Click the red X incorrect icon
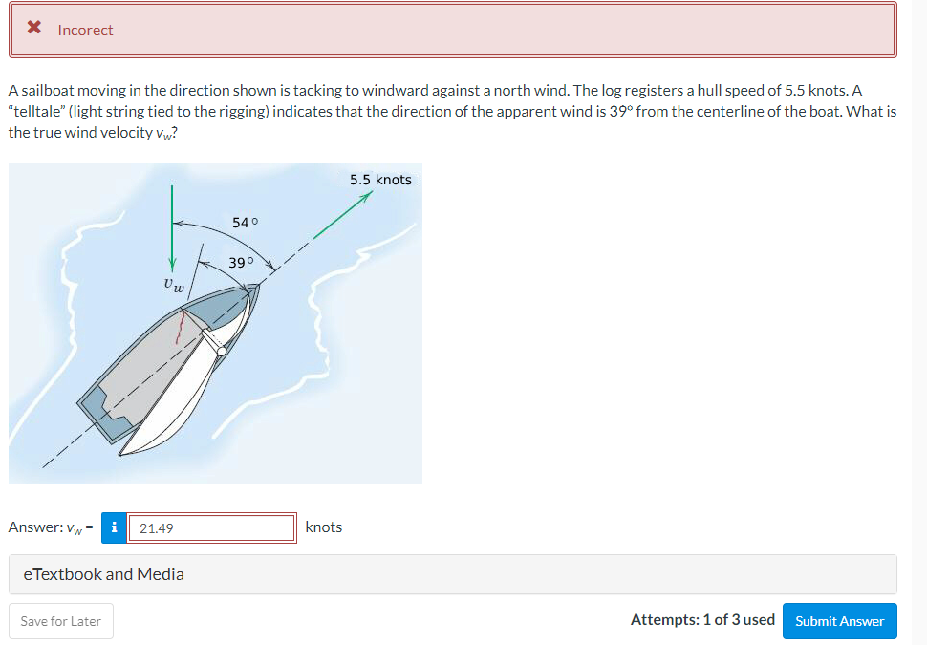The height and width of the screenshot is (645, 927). click(33, 29)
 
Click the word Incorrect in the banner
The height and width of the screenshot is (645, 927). click(85, 31)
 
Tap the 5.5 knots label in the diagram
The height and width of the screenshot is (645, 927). click(380, 180)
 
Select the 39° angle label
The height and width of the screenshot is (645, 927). click(241, 263)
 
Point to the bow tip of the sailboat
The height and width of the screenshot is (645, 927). click(254, 288)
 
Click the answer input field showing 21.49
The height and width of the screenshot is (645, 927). click(211, 527)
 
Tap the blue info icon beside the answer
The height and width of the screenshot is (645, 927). click(115, 527)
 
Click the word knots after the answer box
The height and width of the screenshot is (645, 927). click(323, 527)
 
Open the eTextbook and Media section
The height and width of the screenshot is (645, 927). click(103, 574)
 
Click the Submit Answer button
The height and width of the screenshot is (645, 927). click(839, 621)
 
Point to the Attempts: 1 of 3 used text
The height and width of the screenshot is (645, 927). click(702, 620)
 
